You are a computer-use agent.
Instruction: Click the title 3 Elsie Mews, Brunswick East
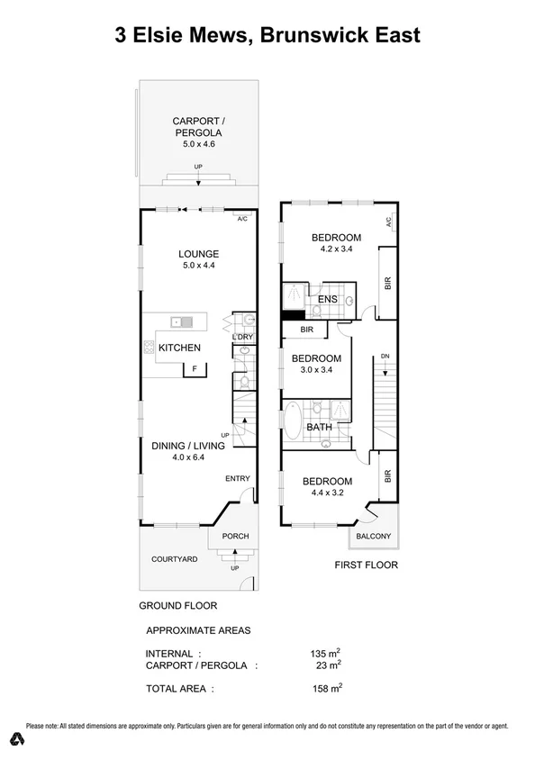267,35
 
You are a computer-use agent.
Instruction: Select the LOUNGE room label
199,253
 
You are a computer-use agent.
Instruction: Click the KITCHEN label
179,348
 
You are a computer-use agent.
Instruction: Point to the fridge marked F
194,368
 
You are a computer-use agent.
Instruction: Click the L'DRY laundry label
241,337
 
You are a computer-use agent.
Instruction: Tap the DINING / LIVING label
188,444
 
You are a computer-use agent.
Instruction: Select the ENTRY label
237,478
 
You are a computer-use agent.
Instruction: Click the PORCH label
235,536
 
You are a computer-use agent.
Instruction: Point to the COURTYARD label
174,559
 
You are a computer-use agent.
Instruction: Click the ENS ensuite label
327,299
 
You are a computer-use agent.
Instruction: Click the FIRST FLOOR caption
366,565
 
